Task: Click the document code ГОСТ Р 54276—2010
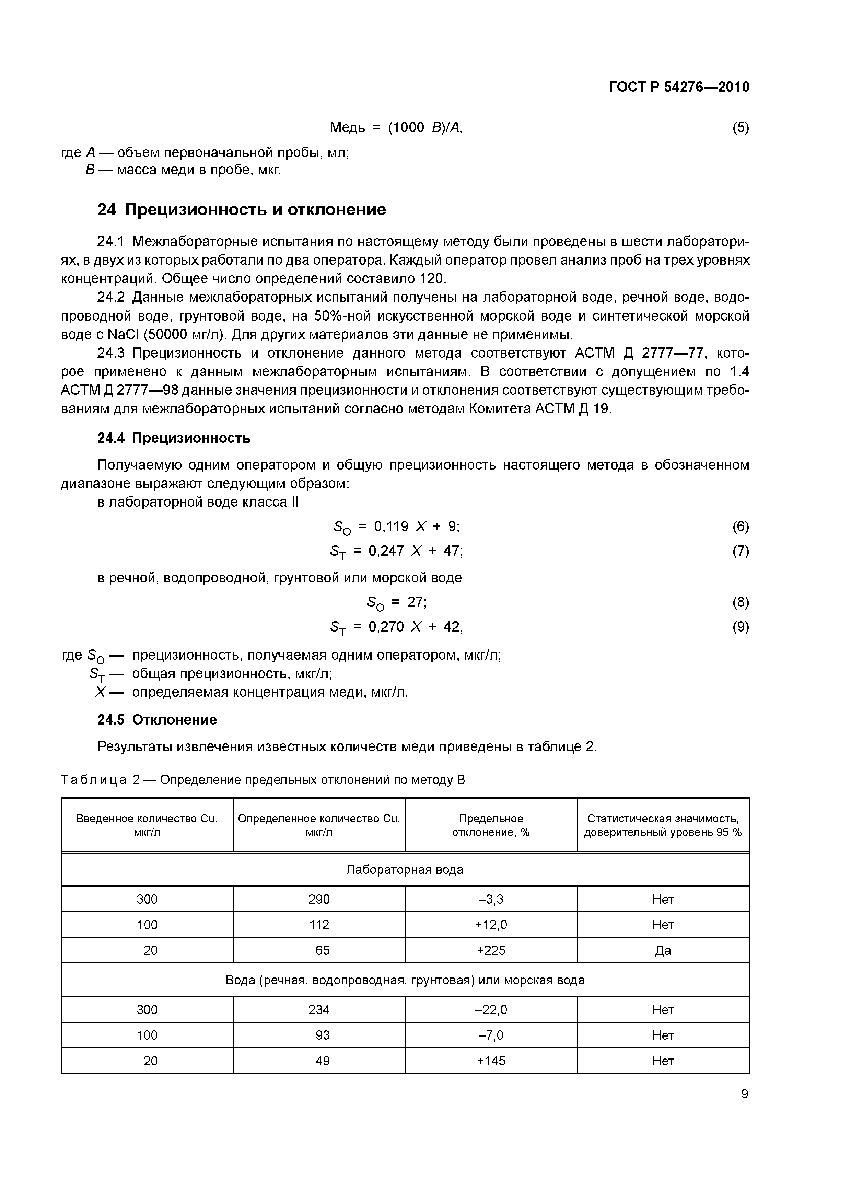point(679,87)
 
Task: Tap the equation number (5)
point(741,127)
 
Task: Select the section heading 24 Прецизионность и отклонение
point(241,210)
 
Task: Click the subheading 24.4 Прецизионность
point(174,438)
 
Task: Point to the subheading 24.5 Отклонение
point(157,719)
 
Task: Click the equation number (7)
point(741,551)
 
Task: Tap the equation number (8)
point(741,602)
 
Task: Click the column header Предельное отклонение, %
point(491,825)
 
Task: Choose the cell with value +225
point(491,950)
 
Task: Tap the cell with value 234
point(319,1009)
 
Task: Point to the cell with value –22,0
point(491,1009)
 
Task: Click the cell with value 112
point(319,925)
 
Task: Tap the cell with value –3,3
point(491,899)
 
